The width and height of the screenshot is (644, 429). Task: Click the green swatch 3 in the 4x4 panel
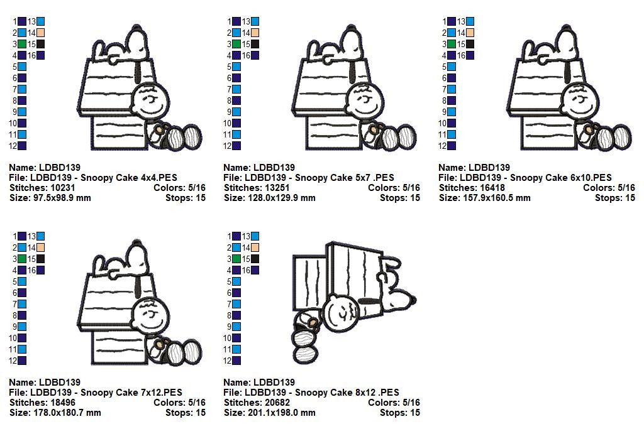[x=22, y=44]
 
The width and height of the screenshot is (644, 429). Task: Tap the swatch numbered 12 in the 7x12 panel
[x=22, y=361]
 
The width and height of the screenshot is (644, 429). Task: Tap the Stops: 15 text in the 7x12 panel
[x=186, y=413]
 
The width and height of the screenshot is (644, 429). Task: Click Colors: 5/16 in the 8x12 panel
[x=394, y=403]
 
